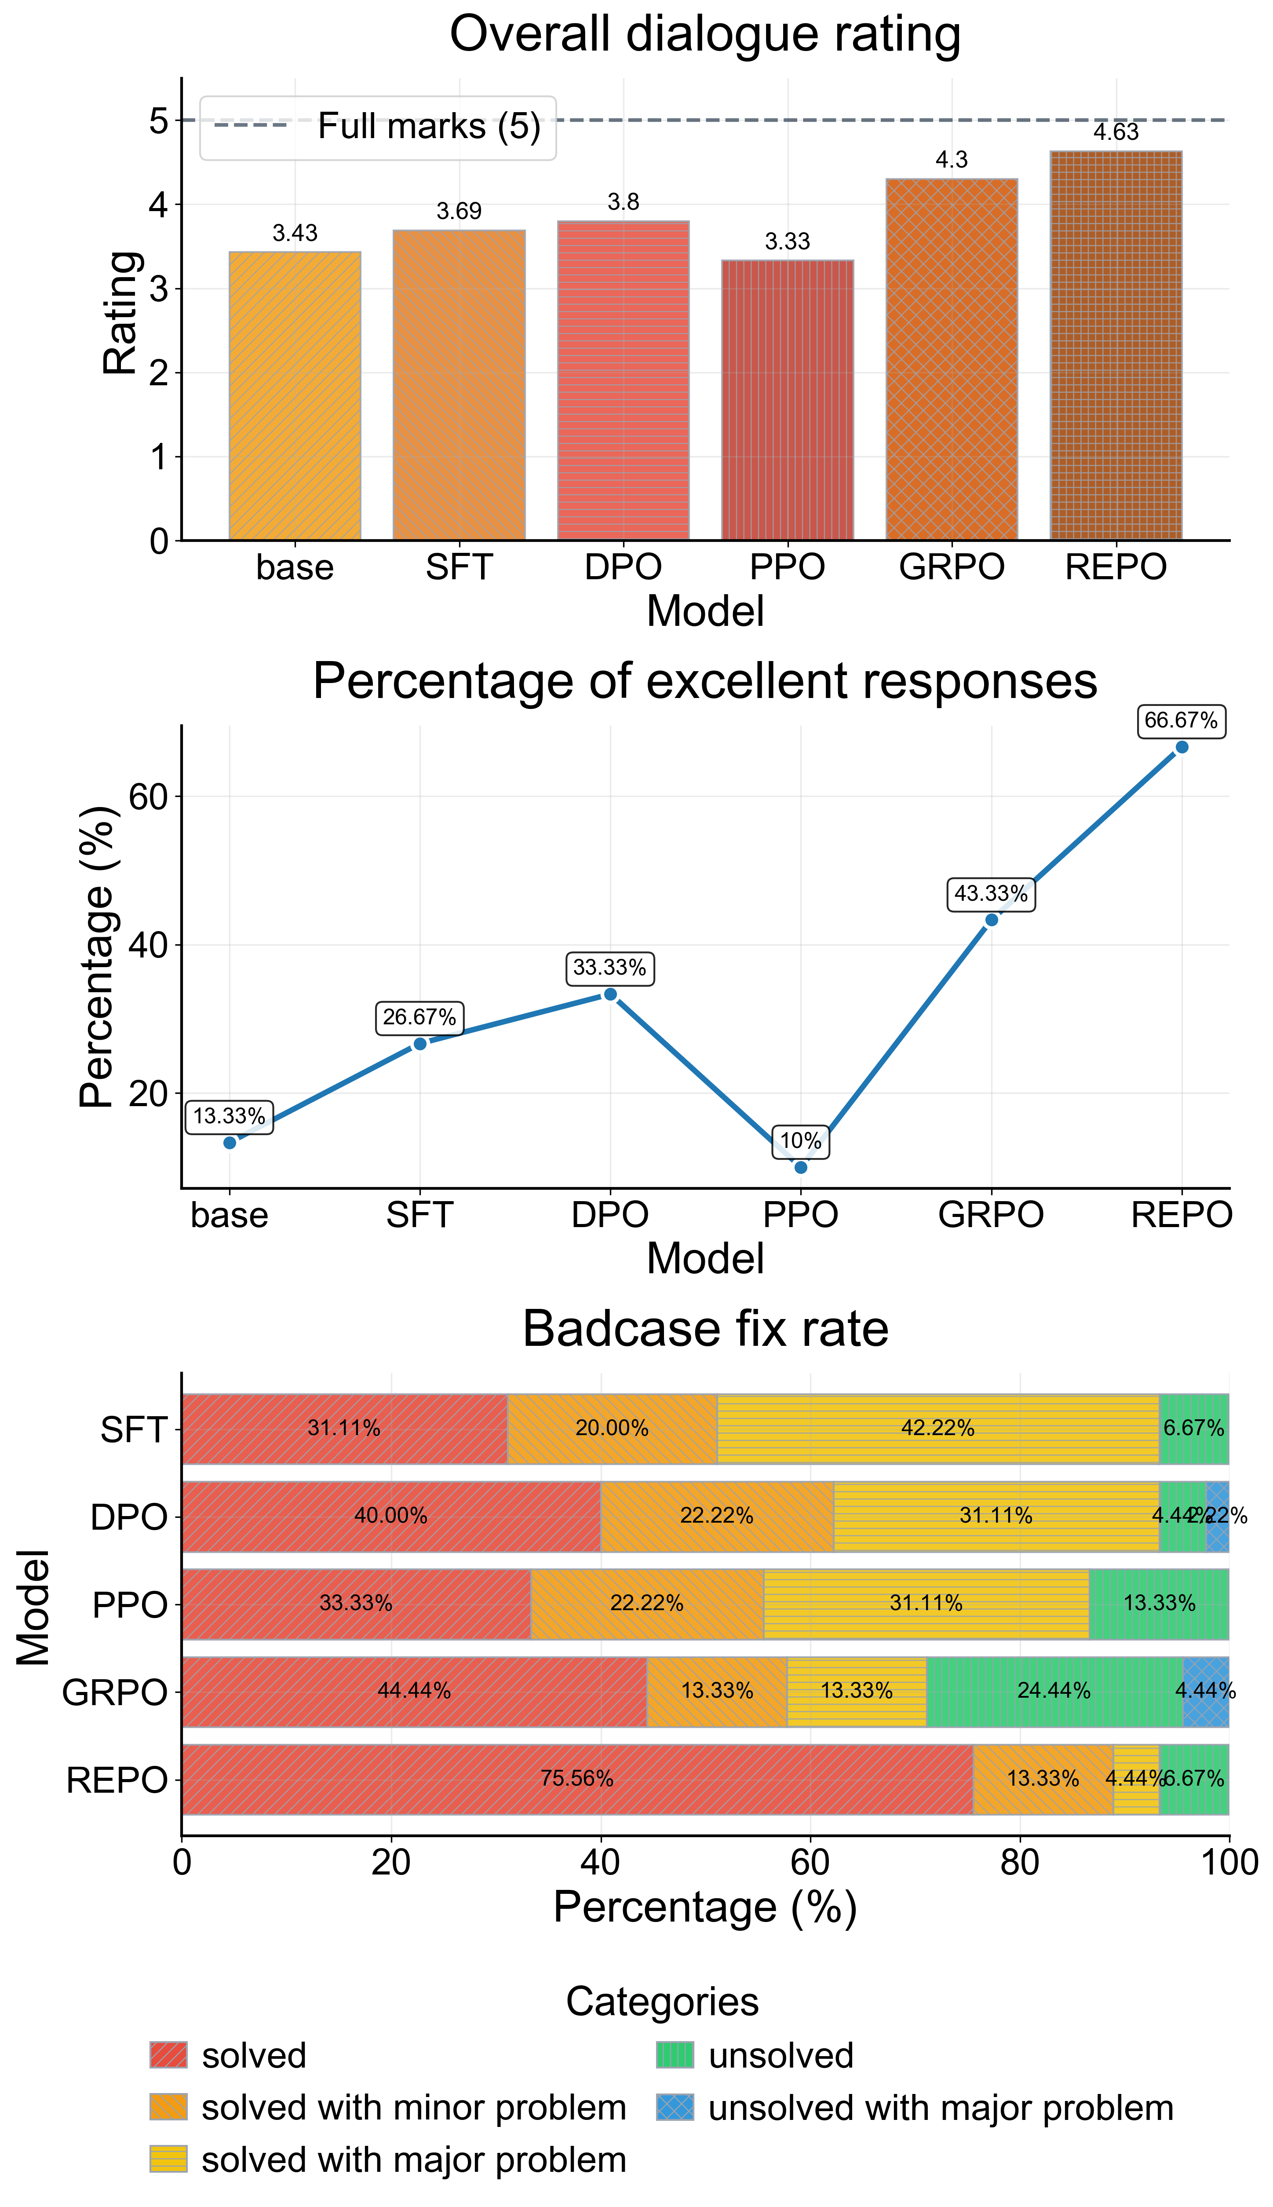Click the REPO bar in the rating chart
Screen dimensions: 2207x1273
(x=1116, y=345)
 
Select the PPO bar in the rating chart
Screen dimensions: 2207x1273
(x=787, y=400)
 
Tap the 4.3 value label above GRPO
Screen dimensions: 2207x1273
(x=951, y=160)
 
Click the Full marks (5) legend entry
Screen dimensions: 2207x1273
(x=378, y=127)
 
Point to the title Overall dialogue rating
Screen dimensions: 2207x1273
(x=705, y=35)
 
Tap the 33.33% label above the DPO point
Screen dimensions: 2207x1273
(x=609, y=968)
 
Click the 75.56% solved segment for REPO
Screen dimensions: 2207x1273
(x=577, y=1779)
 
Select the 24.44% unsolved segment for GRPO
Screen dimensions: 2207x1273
(x=1054, y=1691)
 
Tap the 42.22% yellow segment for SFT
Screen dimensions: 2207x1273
(x=937, y=1429)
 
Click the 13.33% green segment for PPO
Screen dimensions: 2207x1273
(x=1159, y=1604)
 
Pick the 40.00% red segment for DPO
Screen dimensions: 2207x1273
(x=391, y=1516)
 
